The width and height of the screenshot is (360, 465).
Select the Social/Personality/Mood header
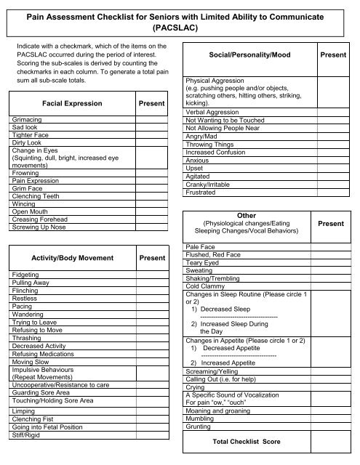[x=247, y=54]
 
